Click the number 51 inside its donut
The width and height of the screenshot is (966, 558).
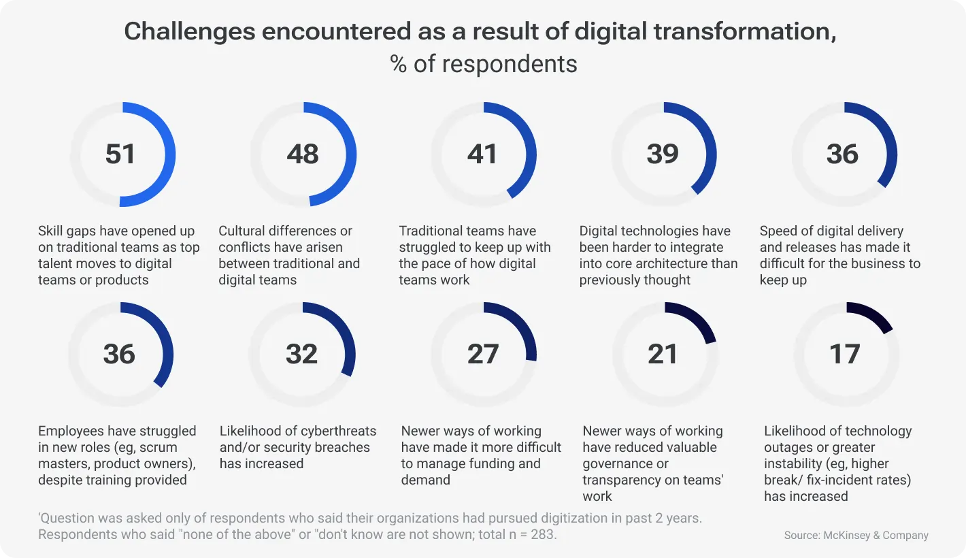[120, 154]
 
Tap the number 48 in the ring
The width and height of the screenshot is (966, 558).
[302, 154]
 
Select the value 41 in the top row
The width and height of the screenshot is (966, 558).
[482, 154]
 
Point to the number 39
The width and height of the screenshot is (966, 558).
[663, 154]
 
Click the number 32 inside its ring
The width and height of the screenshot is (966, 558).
[301, 355]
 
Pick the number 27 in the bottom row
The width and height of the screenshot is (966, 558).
[483, 355]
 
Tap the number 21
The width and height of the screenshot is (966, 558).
[663, 355]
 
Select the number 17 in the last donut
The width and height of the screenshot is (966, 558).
[844, 355]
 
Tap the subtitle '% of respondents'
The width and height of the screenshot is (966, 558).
[483, 64]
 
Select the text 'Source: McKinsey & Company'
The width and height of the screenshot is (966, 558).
[856, 536]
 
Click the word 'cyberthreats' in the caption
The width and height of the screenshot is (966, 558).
[337, 431]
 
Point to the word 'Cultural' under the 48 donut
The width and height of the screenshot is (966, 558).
[244, 231]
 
